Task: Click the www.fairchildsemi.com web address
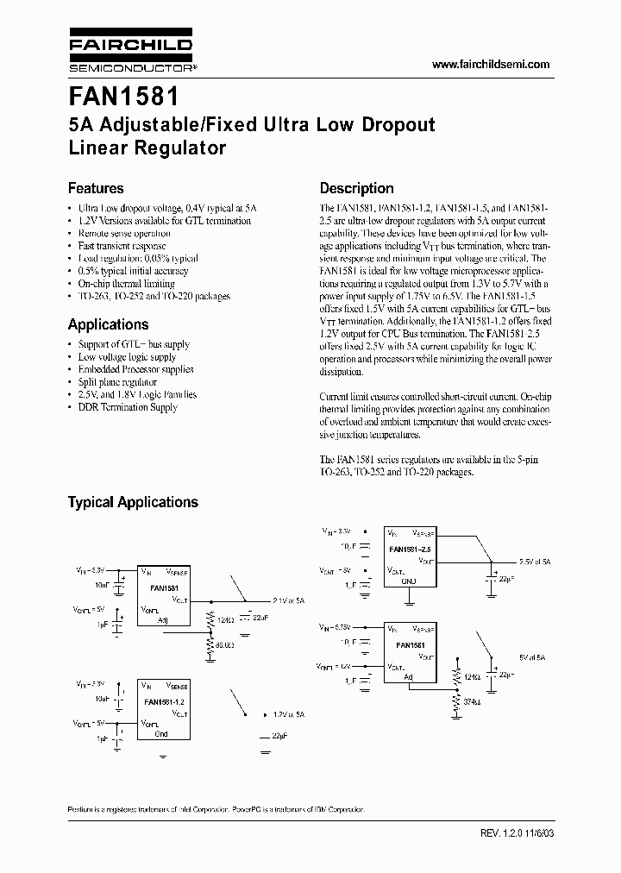[x=490, y=65]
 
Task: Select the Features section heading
[x=96, y=188]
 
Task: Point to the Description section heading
[x=356, y=188]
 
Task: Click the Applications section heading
[x=108, y=324]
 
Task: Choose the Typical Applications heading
[x=133, y=502]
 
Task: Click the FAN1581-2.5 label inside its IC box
[x=410, y=549]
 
